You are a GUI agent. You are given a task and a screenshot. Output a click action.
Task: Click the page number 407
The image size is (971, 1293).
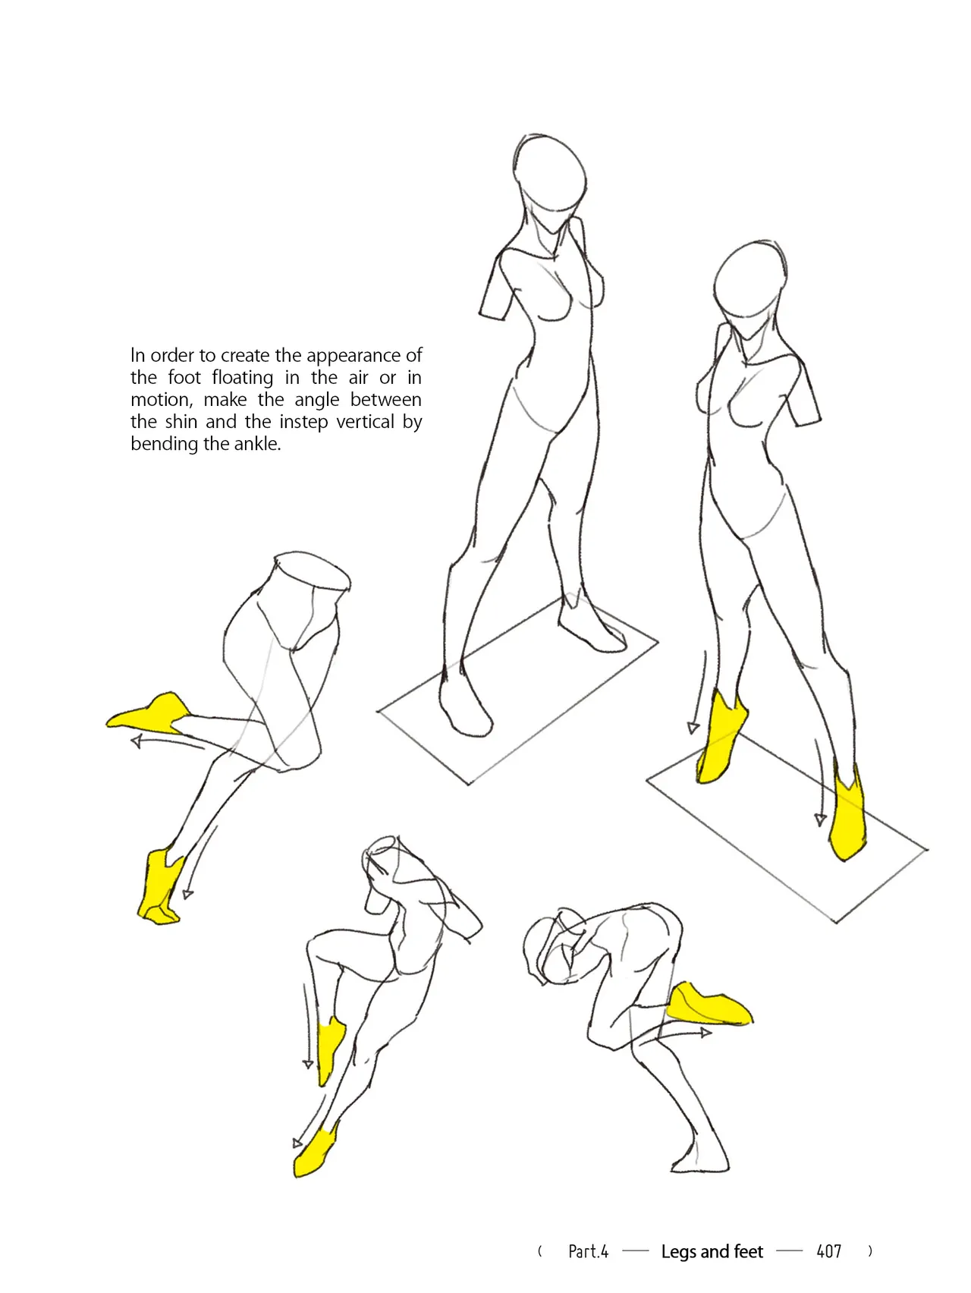[829, 1251]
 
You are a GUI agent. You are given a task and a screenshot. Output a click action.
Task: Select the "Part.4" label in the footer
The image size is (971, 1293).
[589, 1251]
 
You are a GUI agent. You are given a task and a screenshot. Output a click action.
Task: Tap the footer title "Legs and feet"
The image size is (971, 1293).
[712, 1251]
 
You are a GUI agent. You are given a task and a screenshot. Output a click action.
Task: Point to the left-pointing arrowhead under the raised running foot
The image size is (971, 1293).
[137, 741]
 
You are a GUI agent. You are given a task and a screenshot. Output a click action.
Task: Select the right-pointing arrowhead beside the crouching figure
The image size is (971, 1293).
[705, 1033]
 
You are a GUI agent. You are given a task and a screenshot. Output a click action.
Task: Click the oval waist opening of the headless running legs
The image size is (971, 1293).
[312, 571]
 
